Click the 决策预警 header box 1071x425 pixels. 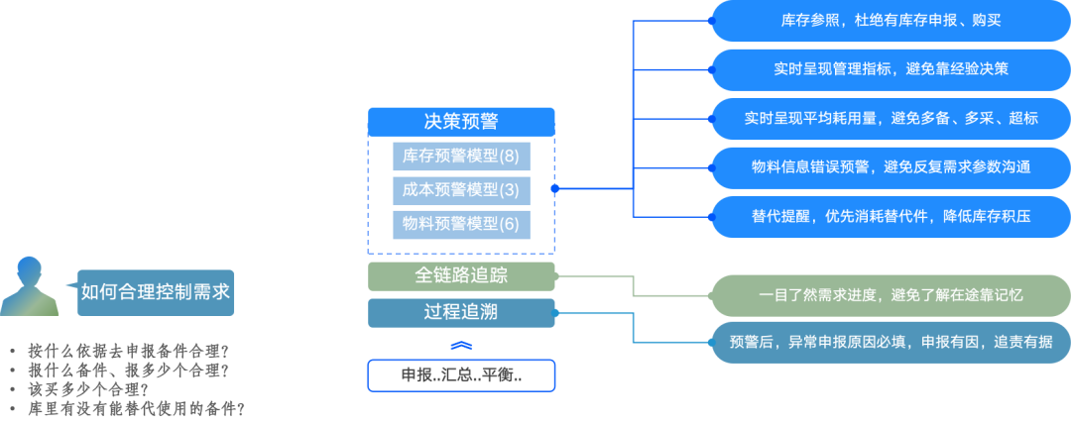coord(461,122)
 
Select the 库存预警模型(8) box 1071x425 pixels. coord(461,156)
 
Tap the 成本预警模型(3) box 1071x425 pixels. coord(461,189)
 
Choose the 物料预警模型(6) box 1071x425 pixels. coord(461,223)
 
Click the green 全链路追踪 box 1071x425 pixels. coord(461,275)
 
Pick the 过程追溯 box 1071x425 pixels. coord(461,313)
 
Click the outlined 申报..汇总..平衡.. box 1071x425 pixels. coord(461,375)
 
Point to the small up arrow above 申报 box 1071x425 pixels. coord(461,345)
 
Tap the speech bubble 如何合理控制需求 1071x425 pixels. coord(156,291)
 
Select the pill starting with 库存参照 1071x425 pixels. coord(891,21)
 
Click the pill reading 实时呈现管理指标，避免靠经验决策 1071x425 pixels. coord(891,69)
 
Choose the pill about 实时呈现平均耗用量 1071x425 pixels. coord(891,118)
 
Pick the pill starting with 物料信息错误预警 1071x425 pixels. coord(891,166)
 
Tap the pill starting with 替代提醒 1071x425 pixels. coord(891,215)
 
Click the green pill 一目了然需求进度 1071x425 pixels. coord(891,294)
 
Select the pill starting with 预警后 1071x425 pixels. coord(891,342)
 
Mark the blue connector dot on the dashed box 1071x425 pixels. coord(555,188)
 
